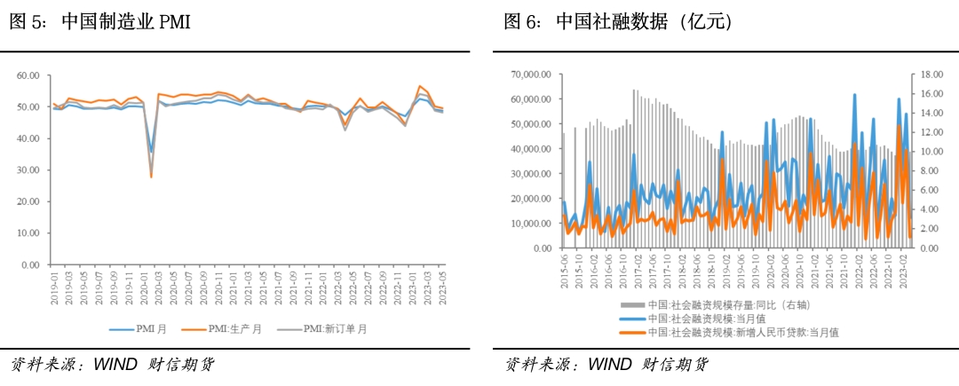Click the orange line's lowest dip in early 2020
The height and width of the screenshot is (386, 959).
(x=151, y=177)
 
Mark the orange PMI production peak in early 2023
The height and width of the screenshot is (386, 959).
(x=419, y=86)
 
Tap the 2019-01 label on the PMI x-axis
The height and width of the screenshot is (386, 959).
(x=55, y=287)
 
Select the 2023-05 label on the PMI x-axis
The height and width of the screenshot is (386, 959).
(x=442, y=287)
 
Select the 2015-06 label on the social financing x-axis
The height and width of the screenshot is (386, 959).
(x=563, y=270)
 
